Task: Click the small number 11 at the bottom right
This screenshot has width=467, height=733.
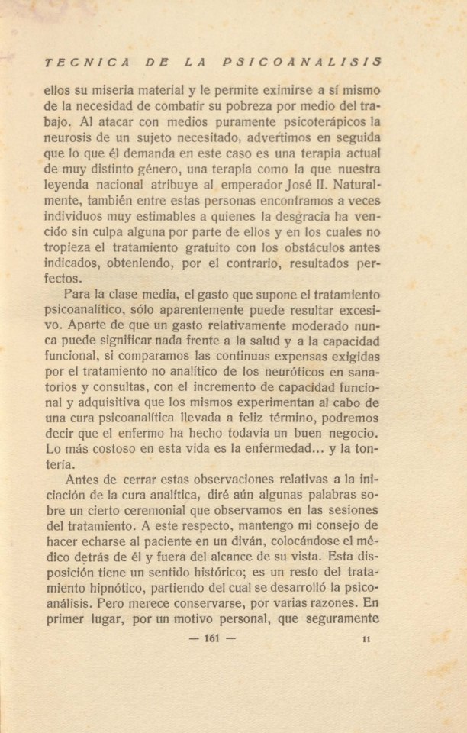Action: pos(366,639)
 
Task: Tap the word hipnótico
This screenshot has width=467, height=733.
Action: pos(130,590)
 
